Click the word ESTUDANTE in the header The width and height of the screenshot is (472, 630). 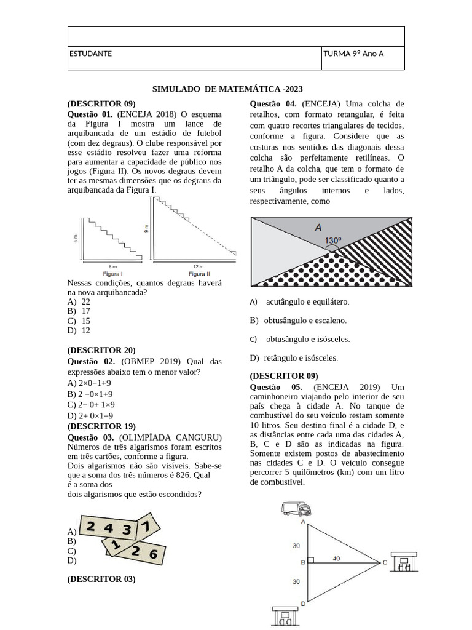point(90,54)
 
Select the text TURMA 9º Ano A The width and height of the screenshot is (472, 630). point(353,54)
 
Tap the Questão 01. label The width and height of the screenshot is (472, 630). point(90,114)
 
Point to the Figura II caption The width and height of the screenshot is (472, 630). point(199,273)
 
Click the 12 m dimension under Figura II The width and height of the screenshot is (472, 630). point(198,266)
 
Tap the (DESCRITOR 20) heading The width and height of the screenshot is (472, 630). point(101,350)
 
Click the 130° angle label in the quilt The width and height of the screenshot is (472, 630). point(332,240)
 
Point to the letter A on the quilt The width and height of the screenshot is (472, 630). point(318,227)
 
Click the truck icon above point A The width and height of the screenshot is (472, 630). point(296,508)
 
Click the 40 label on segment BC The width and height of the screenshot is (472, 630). point(336,558)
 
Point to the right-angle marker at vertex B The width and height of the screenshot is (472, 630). point(311,561)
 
